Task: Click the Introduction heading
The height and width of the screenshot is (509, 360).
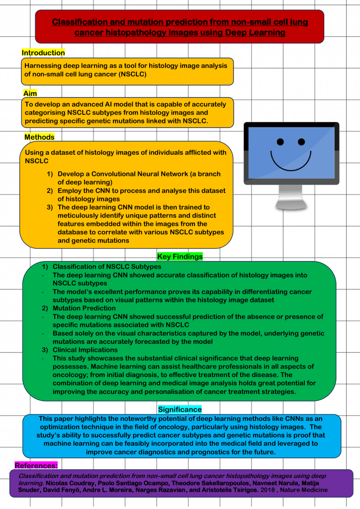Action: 43,53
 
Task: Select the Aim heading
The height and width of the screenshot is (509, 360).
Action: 30,94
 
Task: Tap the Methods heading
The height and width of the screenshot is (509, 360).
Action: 39,137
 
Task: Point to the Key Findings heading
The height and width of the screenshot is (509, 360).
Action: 180,257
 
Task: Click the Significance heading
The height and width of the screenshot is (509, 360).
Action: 180,409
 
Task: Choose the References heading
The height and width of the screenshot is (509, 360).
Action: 36,465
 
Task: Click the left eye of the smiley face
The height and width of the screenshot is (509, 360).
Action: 280,142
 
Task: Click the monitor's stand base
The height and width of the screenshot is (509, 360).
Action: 291,204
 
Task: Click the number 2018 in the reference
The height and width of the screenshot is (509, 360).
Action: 277,490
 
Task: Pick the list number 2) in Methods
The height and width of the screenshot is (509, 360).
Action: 50,191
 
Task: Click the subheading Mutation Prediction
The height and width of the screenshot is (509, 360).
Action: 85,308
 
